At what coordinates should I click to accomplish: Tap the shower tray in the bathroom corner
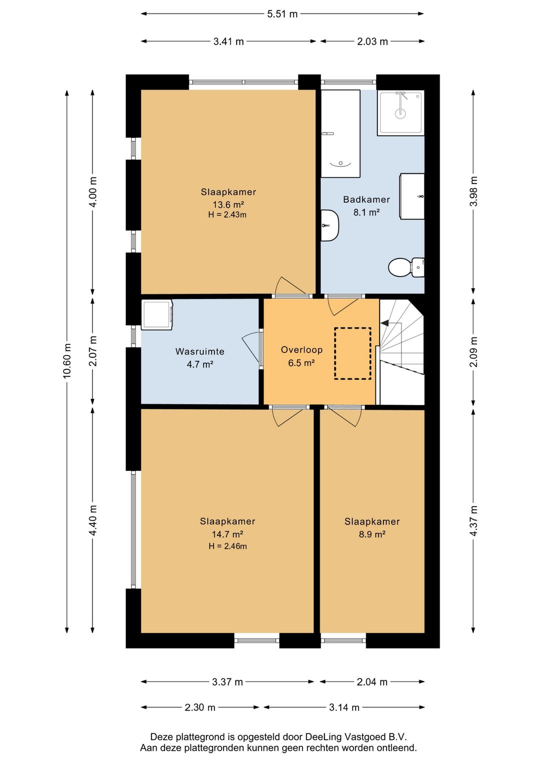(400, 112)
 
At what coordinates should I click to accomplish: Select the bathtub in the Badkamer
(340, 133)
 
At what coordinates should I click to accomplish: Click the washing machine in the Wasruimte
(157, 314)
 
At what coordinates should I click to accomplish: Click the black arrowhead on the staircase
(385, 323)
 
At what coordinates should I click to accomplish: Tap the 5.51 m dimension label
(282, 14)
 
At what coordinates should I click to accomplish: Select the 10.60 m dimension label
(67, 360)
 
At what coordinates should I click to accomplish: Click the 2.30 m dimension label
(200, 707)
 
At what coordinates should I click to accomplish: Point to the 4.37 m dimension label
(473, 520)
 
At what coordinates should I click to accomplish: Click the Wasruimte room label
(200, 351)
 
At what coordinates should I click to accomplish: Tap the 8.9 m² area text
(372, 534)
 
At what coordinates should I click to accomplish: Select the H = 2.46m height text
(228, 546)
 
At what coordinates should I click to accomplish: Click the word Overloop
(301, 349)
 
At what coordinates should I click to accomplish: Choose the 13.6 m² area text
(228, 204)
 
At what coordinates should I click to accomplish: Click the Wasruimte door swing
(251, 347)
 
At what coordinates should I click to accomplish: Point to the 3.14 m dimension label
(344, 707)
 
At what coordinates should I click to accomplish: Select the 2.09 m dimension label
(473, 351)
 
